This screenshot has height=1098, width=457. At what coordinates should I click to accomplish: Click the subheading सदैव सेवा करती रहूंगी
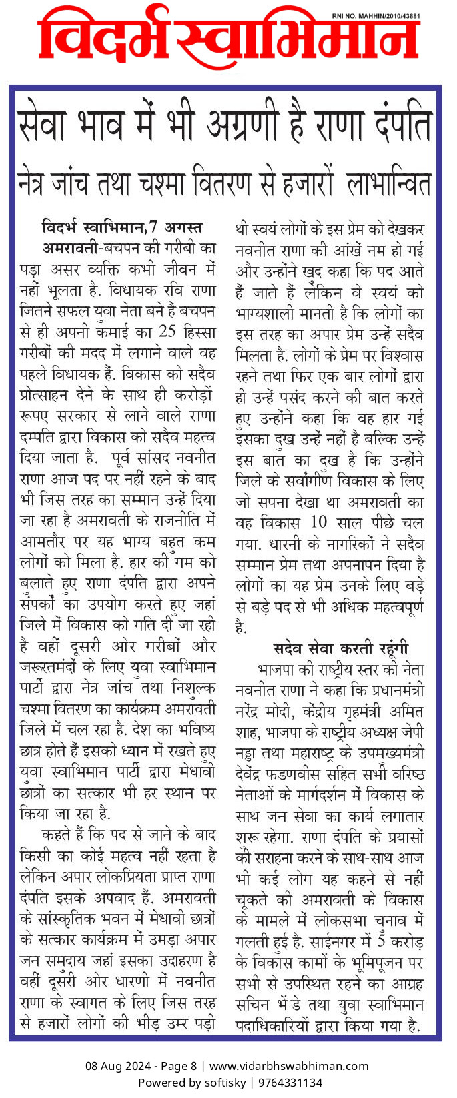[x=340, y=648]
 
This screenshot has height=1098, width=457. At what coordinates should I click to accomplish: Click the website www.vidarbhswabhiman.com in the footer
[x=289, y=1066]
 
